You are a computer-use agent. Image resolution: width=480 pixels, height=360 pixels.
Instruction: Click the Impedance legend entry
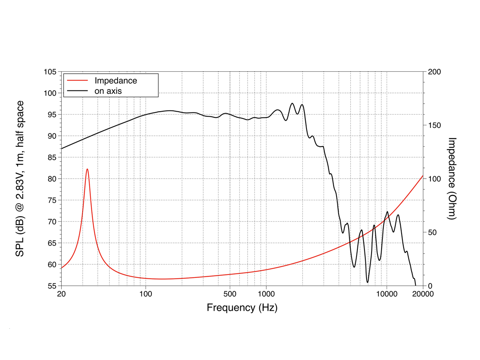click(116, 80)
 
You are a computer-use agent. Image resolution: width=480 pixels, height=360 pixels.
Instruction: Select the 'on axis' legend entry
click(108, 90)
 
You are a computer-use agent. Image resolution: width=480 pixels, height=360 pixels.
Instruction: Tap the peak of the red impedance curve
click(87, 169)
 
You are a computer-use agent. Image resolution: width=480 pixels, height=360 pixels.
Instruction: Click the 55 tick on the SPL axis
click(52, 286)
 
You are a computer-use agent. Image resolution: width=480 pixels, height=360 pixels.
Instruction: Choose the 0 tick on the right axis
click(430, 286)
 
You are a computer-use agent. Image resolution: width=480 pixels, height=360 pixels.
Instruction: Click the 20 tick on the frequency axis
click(61, 294)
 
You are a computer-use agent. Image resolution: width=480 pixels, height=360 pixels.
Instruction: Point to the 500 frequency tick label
click(230, 294)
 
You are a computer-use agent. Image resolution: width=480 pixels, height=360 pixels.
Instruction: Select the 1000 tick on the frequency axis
click(266, 294)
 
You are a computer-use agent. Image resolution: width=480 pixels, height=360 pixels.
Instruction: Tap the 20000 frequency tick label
click(423, 294)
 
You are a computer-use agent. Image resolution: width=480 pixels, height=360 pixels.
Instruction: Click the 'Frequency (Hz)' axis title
click(242, 308)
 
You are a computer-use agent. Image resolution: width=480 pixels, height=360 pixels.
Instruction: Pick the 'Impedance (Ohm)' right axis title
click(452, 179)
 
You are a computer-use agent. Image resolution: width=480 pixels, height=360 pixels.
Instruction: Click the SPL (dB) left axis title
click(20, 179)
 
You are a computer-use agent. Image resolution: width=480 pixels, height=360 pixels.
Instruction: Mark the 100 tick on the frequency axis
click(146, 294)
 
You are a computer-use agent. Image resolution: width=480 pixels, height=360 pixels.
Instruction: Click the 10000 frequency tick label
click(387, 294)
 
